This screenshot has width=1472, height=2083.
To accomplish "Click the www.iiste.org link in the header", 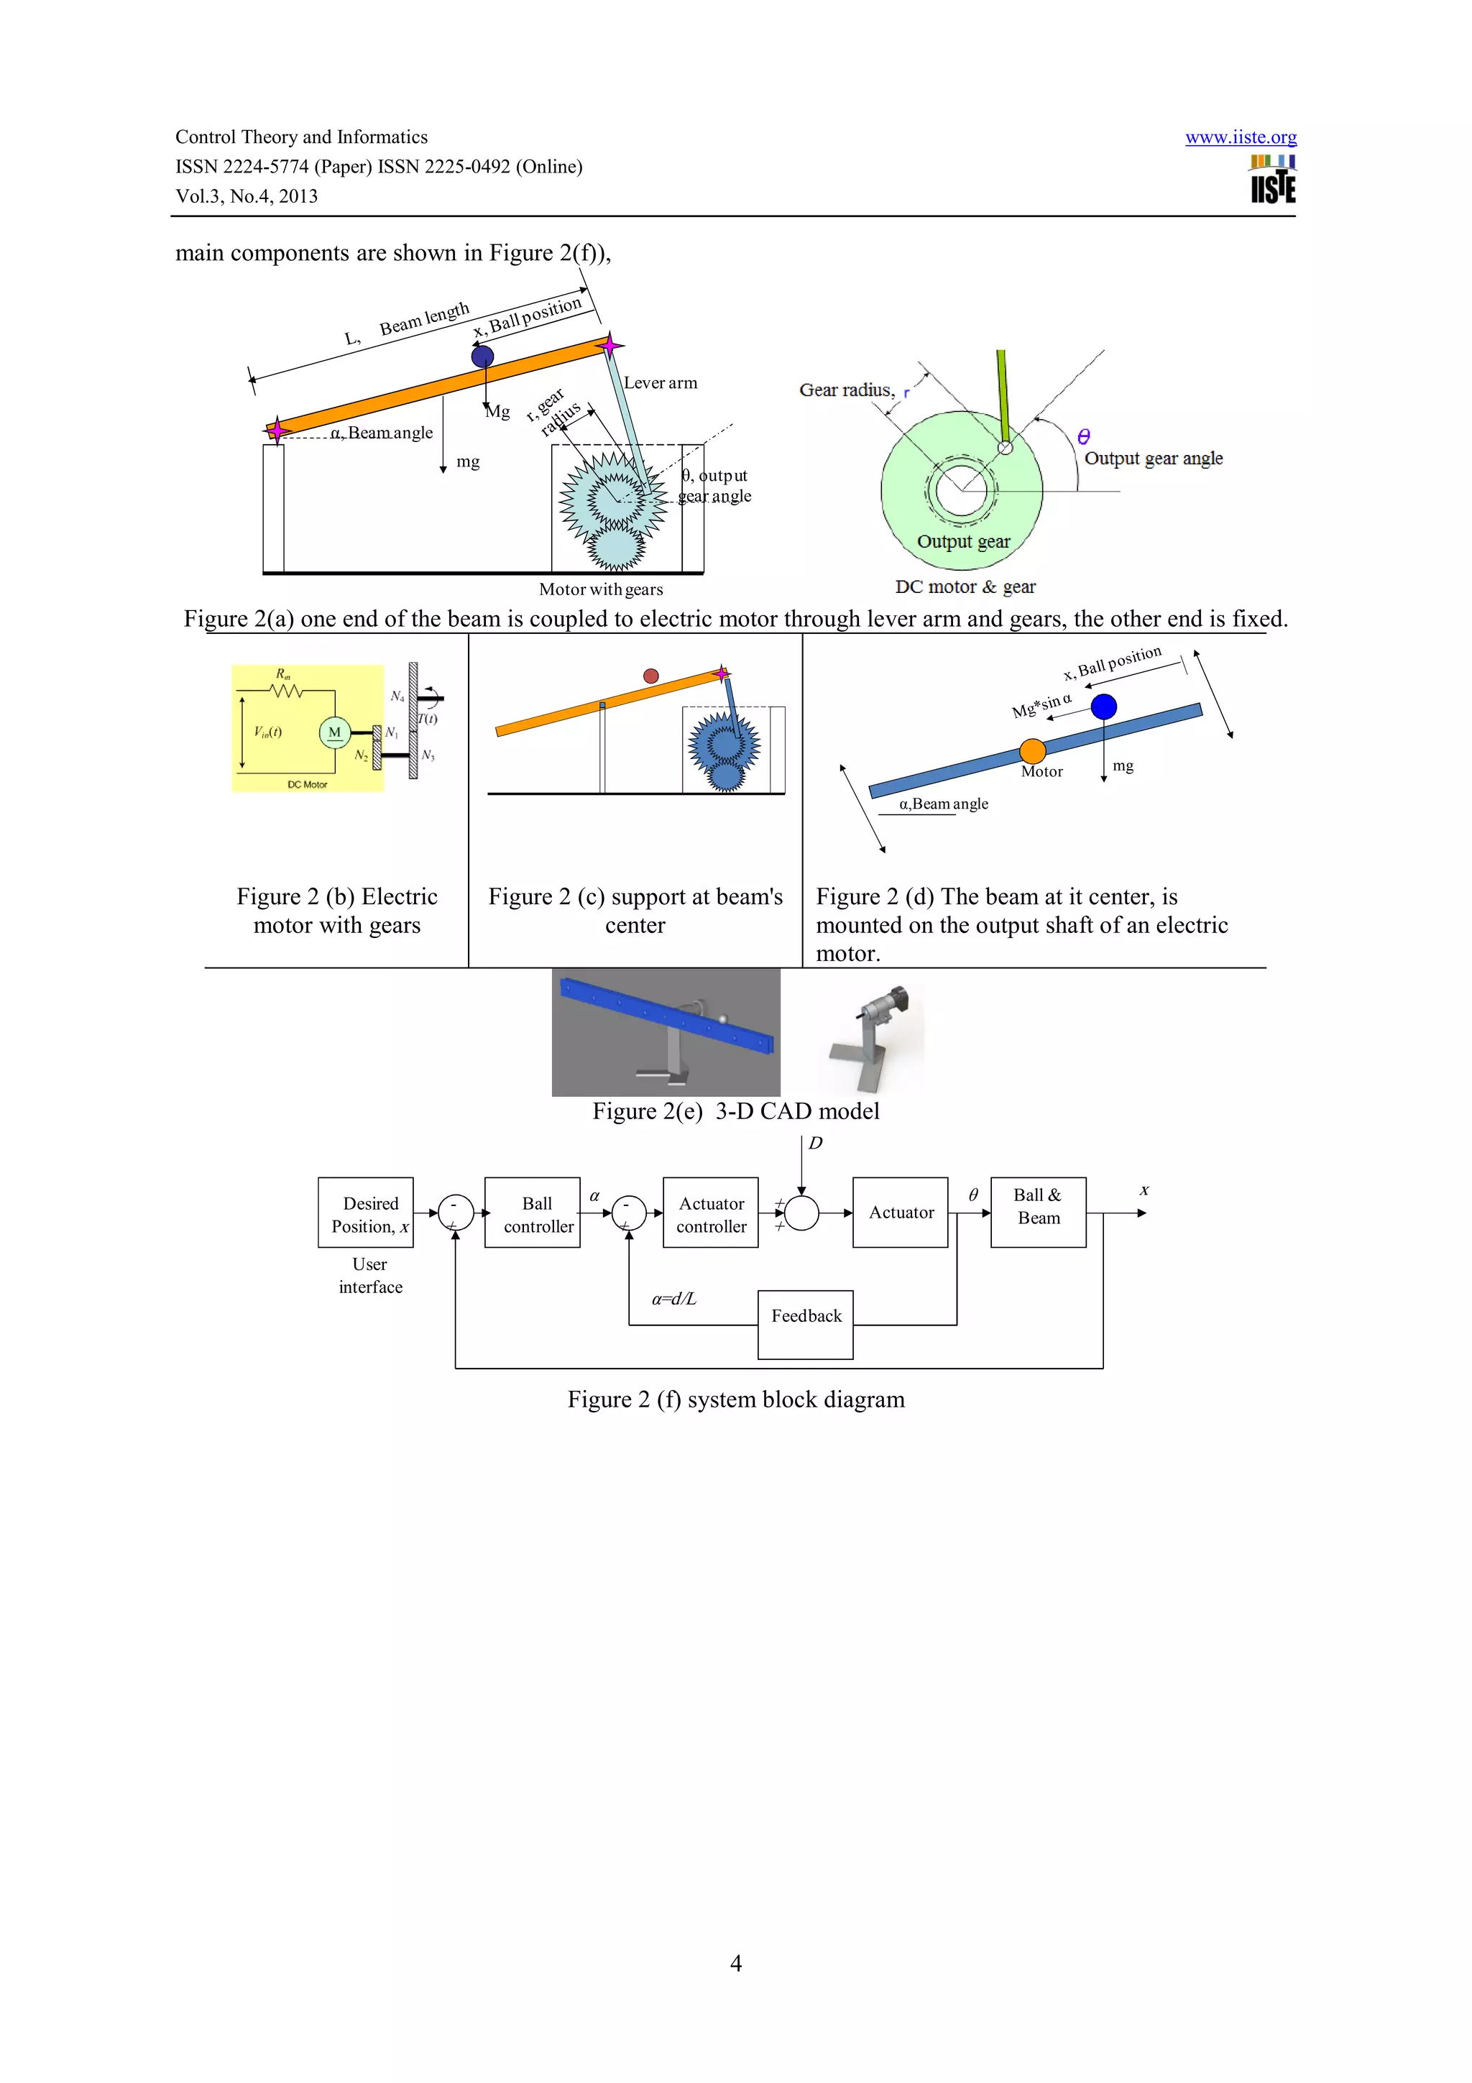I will click(1240, 137).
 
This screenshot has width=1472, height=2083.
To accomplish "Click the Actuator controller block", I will click(710, 1213).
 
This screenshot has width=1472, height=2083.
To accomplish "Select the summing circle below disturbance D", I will click(801, 1213).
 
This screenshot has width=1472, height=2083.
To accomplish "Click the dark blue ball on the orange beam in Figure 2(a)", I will click(482, 357).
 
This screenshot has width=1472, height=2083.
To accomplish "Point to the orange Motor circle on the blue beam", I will click(1032, 750).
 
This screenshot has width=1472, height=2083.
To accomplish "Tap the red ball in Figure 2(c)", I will click(650, 676).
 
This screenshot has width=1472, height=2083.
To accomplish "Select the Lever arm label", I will click(661, 383).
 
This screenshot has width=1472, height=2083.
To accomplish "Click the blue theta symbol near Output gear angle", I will click(1083, 436).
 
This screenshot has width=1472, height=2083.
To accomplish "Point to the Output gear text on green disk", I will click(963, 542).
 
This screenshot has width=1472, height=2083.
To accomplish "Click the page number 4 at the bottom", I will click(735, 1962).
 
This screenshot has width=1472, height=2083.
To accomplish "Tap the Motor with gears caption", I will click(600, 589).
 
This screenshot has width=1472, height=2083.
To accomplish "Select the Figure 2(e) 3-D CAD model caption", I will click(735, 1111).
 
